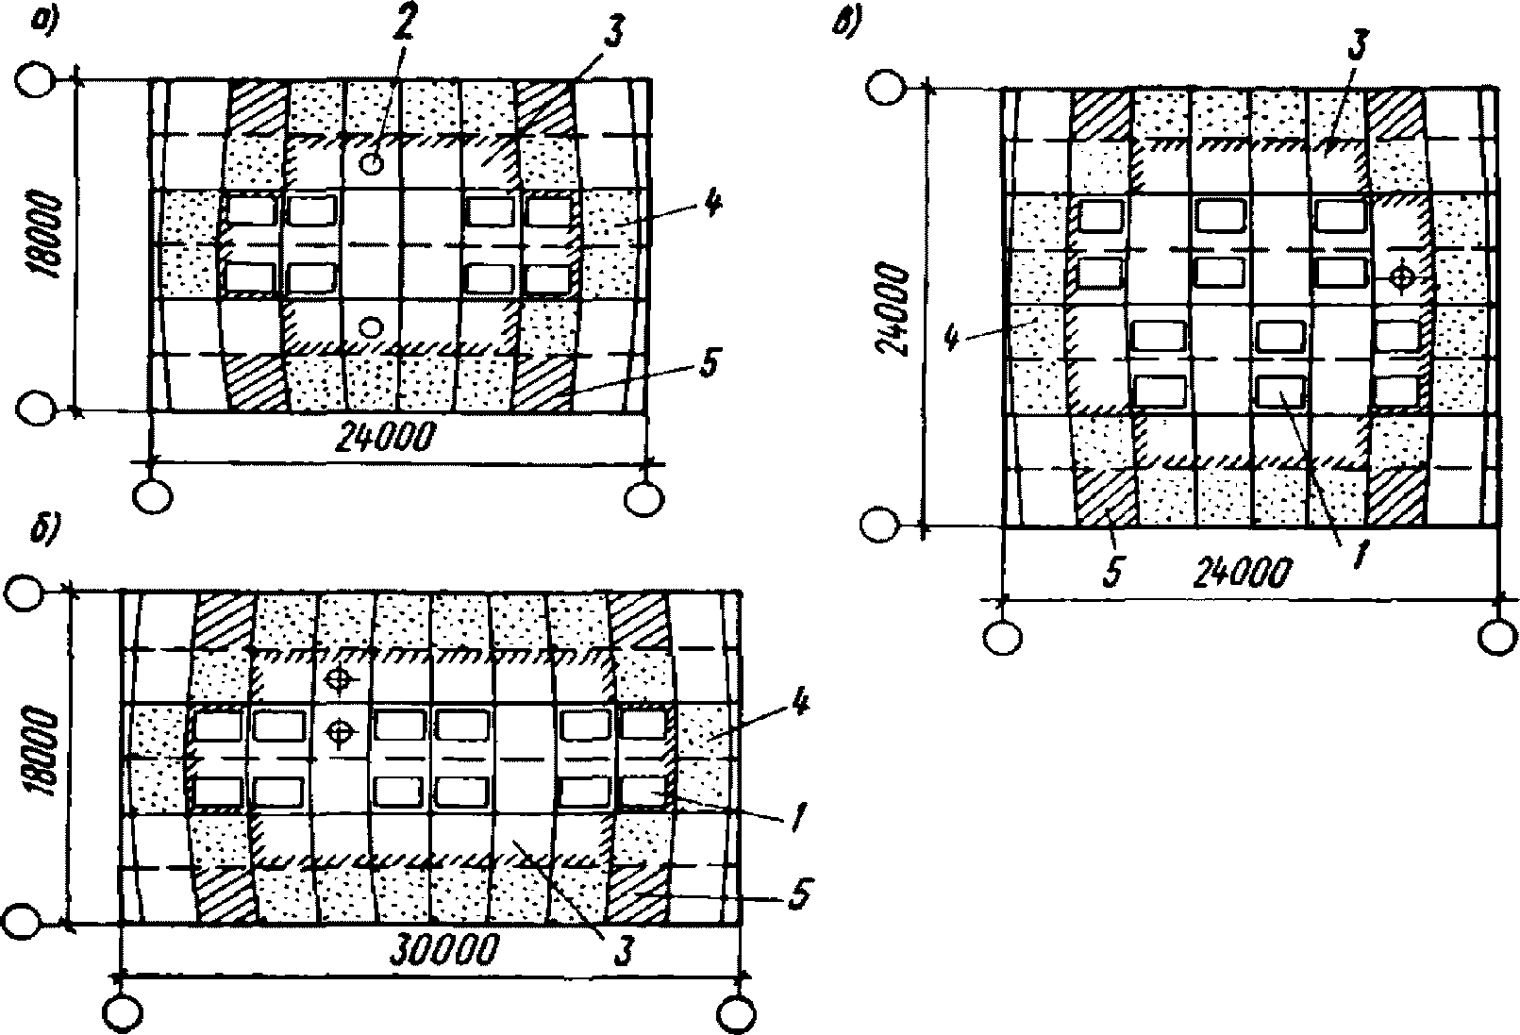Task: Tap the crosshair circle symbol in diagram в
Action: coord(1402,276)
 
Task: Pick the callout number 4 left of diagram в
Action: coord(954,337)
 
